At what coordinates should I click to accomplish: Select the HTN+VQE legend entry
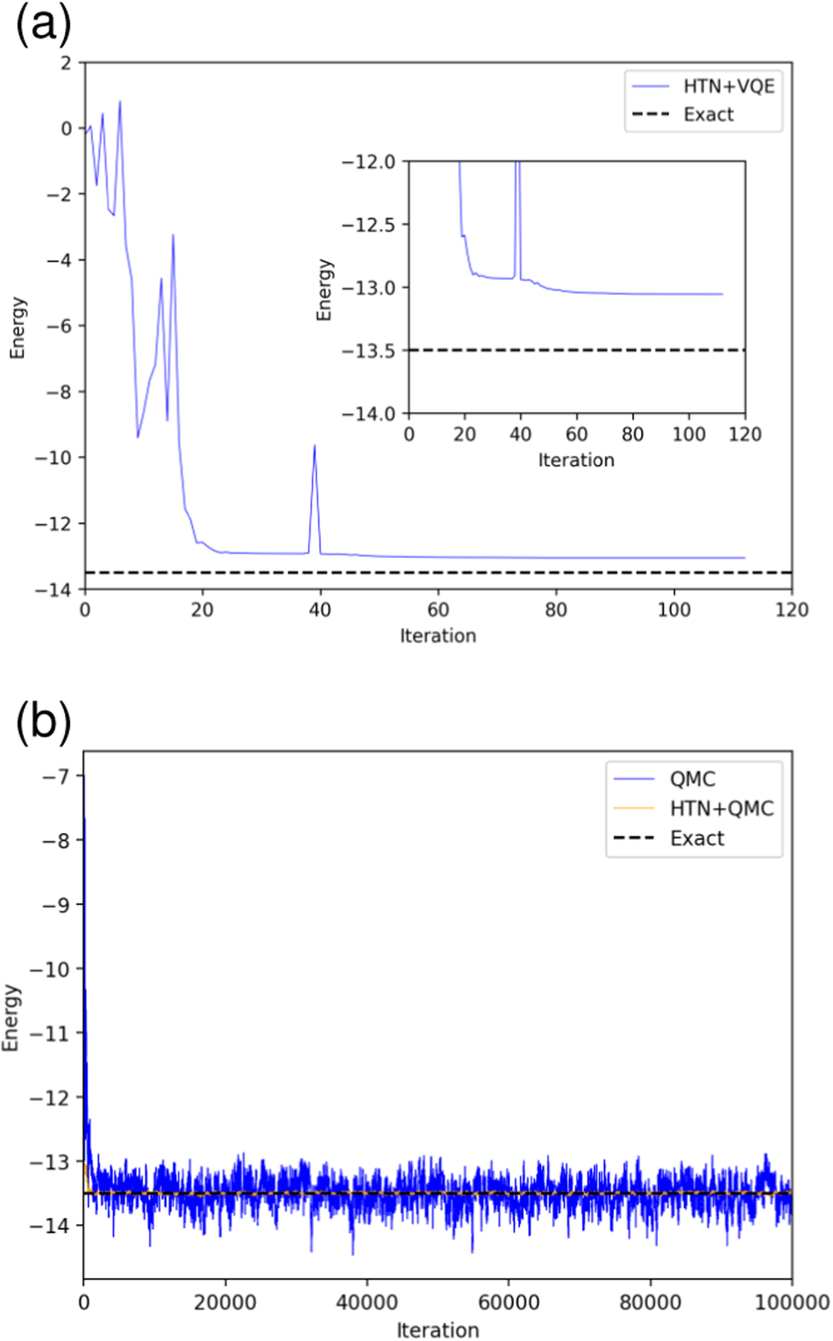(728, 86)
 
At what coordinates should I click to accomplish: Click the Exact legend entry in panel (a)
(708, 114)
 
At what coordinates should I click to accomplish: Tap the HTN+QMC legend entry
(721, 808)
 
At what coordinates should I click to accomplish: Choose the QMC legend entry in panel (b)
(692, 779)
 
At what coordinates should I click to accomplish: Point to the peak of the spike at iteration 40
(315, 446)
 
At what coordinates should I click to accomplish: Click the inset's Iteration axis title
(576, 460)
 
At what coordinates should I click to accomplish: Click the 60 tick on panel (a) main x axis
(438, 610)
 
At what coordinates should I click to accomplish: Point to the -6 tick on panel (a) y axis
(60, 325)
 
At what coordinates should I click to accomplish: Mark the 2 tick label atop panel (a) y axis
(67, 62)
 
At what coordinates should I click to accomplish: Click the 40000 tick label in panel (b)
(367, 1302)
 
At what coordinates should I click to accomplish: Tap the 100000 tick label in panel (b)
(792, 1302)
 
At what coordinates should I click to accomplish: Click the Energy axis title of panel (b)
(11, 1017)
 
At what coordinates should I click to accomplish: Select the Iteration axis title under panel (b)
(438, 1330)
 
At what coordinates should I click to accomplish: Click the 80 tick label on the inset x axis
(632, 434)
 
